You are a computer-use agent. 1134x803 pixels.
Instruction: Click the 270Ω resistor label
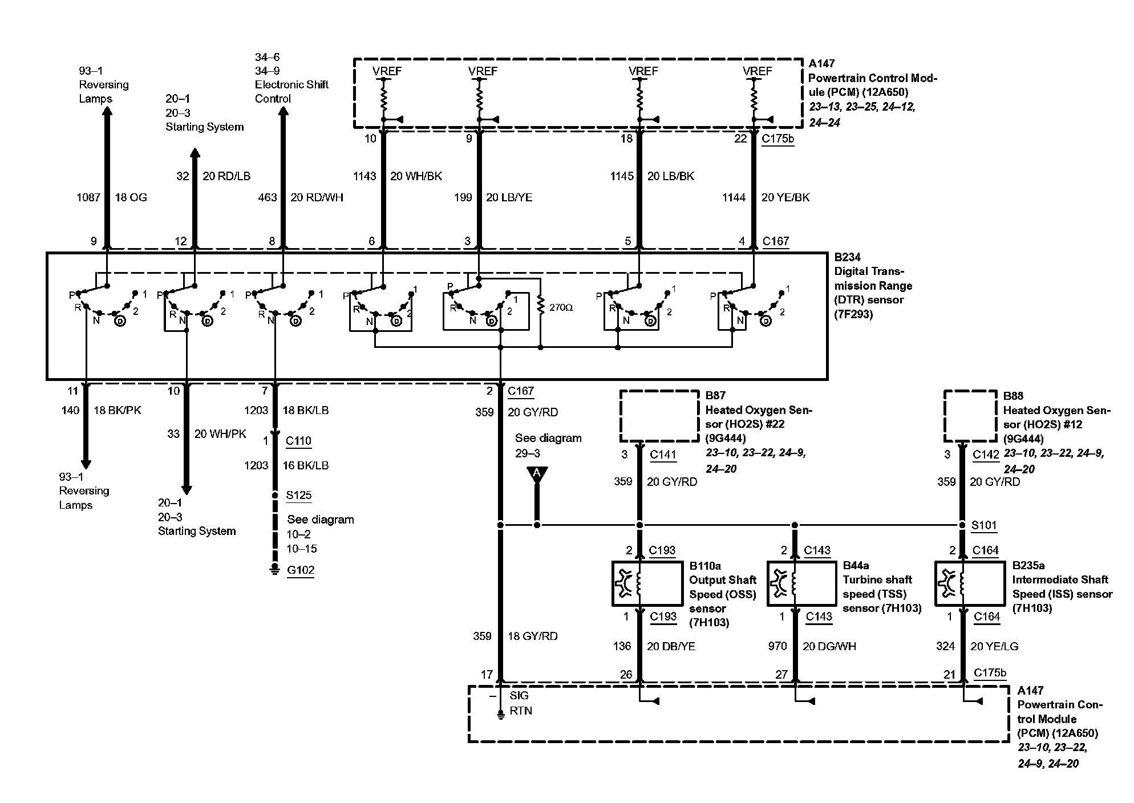(x=561, y=307)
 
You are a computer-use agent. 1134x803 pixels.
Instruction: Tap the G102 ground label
(x=301, y=570)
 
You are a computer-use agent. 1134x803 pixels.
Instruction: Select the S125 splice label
(x=299, y=495)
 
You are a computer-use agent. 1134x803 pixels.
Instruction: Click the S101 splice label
(x=984, y=525)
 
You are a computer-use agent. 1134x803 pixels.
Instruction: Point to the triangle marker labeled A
(x=537, y=473)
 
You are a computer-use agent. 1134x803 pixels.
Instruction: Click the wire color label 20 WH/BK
(x=416, y=176)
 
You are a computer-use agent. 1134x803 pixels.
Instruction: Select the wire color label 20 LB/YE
(x=509, y=197)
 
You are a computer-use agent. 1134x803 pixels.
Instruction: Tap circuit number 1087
(x=88, y=197)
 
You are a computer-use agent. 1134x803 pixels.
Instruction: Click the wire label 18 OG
(x=131, y=197)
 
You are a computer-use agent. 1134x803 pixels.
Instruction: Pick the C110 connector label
(x=298, y=440)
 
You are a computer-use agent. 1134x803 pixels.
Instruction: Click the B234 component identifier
(x=847, y=257)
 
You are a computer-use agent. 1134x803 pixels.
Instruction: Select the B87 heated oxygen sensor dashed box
(x=659, y=416)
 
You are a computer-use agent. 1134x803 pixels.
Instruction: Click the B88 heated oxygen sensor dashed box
(x=970, y=416)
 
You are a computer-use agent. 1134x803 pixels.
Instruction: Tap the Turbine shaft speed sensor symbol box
(x=801, y=583)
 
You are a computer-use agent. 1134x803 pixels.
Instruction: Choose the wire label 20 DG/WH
(x=829, y=646)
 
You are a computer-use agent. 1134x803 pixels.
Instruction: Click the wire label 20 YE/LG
(x=994, y=646)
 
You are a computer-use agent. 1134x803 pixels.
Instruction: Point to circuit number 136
(x=622, y=646)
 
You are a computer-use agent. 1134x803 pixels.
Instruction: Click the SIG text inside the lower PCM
(x=519, y=695)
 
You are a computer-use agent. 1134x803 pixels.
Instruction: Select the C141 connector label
(x=663, y=455)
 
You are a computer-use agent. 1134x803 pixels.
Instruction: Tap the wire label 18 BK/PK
(x=117, y=410)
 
